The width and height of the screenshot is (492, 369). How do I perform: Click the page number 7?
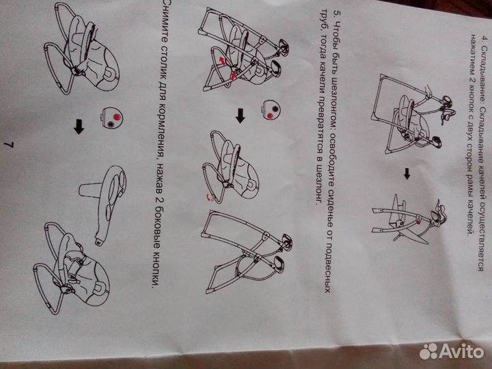[x=9, y=145]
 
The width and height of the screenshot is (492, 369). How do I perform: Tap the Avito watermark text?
[x=461, y=351]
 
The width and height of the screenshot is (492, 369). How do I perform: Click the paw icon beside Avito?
[x=429, y=351]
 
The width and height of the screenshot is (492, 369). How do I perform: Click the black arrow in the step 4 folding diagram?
[x=407, y=174]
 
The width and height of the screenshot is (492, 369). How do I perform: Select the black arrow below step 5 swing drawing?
[x=241, y=115]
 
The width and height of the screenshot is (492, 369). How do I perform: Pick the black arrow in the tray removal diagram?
[x=79, y=126]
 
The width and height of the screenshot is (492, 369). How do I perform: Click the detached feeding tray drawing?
[x=104, y=204]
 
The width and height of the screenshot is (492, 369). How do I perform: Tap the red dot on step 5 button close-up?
[x=270, y=115]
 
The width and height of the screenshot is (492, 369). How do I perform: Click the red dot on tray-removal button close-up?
[x=117, y=117]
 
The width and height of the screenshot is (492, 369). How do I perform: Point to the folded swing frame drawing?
[x=408, y=219]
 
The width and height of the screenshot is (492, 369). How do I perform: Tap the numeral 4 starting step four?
[x=485, y=38]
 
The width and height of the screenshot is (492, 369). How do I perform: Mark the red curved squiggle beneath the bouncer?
[x=210, y=197]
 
